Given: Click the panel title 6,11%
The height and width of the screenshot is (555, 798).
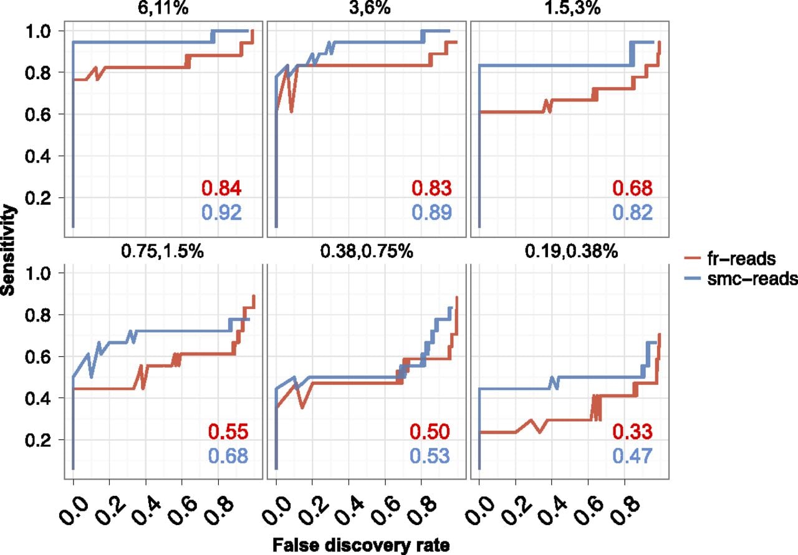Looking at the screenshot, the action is (x=163, y=8).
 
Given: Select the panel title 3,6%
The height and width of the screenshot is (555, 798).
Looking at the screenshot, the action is (x=370, y=8).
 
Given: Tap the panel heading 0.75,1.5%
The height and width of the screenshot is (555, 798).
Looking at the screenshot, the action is (x=163, y=251).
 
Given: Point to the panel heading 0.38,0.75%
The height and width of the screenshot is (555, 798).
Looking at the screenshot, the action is (x=367, y=251).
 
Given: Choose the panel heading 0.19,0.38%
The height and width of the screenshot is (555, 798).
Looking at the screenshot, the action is (x=572, y=251).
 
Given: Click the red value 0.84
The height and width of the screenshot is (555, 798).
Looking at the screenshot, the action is (x=221, y=188).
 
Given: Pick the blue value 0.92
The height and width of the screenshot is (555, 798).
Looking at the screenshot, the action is (x=221, y=212).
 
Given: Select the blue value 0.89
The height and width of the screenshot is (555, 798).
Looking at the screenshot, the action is (x=432, y=212).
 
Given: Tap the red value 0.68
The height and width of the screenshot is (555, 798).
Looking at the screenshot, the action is (x=632, y=188).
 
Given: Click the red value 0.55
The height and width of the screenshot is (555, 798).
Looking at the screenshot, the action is (x=228, y=432).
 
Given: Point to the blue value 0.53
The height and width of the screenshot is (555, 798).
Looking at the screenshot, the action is (x=430, y=456).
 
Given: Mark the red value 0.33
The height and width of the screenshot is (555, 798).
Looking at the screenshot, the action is (x=632, y=432).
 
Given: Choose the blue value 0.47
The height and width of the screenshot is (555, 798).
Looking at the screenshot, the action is (x=632, y=456).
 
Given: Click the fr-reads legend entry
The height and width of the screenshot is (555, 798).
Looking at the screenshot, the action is (x=730, y=259).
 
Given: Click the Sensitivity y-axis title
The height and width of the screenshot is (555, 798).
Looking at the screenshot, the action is (x=8, y=250).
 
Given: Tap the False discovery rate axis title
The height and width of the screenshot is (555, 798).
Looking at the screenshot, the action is (x=361, y=545).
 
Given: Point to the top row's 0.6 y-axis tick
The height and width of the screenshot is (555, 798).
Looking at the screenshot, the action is (x=37, y=115).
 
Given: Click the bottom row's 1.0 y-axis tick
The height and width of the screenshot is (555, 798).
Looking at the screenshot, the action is (x=37, y=273).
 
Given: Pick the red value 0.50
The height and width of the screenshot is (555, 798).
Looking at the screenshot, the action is (x=430, y=432).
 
